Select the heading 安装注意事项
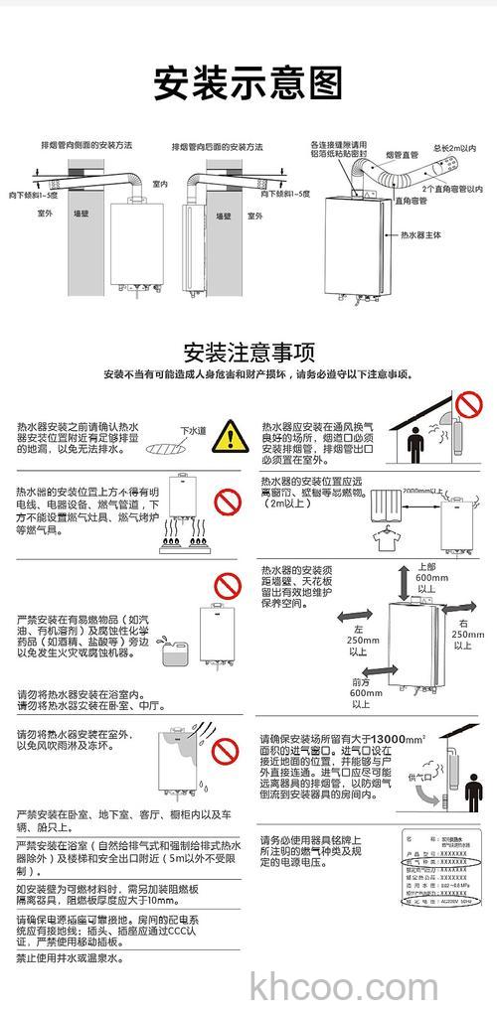pos(248,353)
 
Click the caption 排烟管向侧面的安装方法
pos(86,145)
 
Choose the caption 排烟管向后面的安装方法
pos(218,145)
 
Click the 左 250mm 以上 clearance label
pos(357,641)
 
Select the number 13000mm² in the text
pos(390,739)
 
